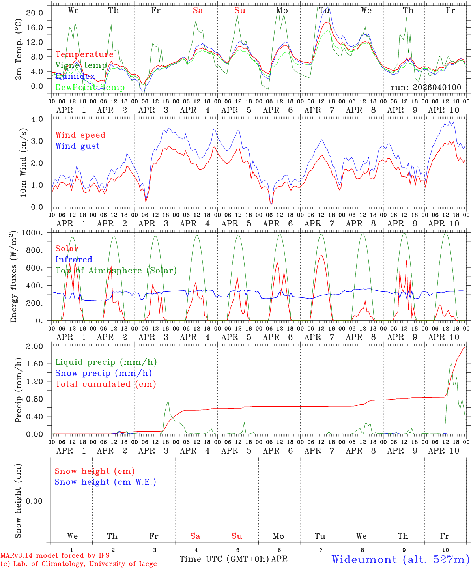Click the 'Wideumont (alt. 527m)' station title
click(400, 559)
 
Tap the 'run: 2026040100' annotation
click(426, 87)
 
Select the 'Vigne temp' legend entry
click(81, 65)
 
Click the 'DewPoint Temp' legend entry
click(90, 87)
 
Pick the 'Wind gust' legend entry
click(77, 146)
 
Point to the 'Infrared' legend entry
click(74, 260)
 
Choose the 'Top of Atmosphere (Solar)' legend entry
click(116, 271)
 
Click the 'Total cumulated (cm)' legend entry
click(105, 384)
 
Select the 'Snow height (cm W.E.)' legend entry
click(105, 482)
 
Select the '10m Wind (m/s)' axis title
click(23, 163)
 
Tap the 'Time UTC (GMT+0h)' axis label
click(224, 559)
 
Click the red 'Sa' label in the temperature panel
click(198, 11)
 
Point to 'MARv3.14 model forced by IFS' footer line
click(55, 555)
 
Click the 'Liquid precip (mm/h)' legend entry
click(106, 362)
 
